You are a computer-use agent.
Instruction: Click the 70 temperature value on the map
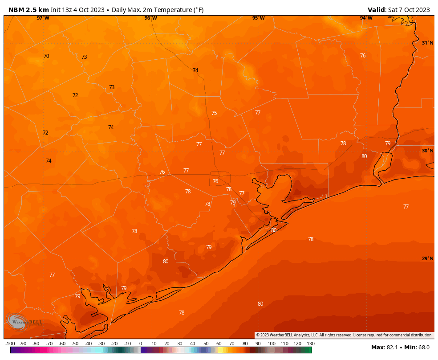tap(46, 56)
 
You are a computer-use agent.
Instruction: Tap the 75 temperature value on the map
tap(214, 113)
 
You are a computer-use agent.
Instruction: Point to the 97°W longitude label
tap(43, 18)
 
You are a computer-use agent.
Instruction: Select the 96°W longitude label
tap(151, 18)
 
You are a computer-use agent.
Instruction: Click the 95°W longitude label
tap(259, 18)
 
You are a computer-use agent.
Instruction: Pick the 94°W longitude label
tap(366, 18)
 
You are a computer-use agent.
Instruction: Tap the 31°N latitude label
tap(427, 43)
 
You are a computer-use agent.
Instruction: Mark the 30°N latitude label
tap(427, 151)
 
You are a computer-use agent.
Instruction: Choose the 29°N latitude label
tap(427, 258)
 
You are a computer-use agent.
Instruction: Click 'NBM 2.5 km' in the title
tap(29, 10)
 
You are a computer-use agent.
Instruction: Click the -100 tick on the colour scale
tap(10, 344)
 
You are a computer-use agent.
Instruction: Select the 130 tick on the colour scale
tap(311, 344)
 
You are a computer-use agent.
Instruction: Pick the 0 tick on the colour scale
tap(141, 344)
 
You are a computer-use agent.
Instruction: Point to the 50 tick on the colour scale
tap(206, 344)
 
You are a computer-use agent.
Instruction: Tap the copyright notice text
tap(344, 335)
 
